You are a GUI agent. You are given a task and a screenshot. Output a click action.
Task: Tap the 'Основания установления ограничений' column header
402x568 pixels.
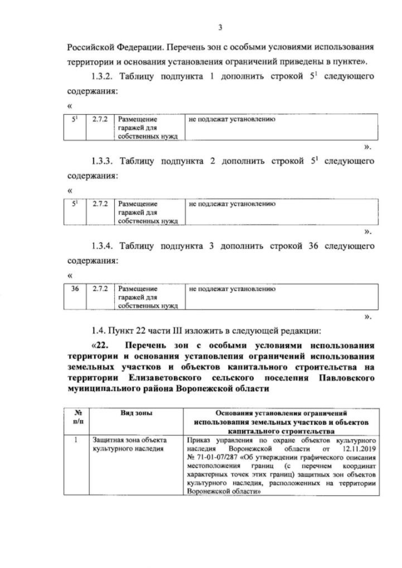tap(281, 413)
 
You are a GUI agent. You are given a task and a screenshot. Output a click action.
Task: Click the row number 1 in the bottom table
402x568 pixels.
tap(75, 441)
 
